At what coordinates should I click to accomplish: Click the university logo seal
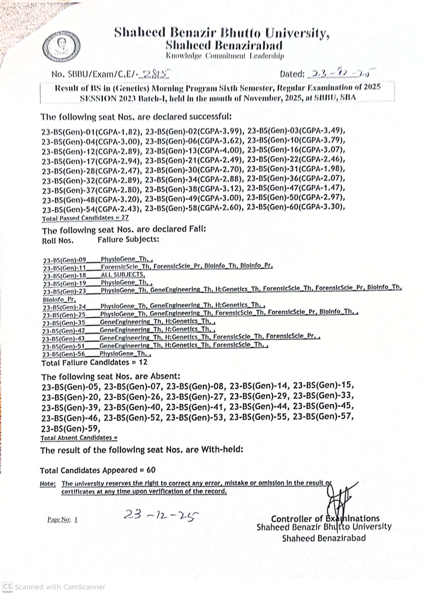pyautogui.click(x=61, y=46)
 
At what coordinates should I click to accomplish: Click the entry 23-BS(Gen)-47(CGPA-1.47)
pyautogui.click(x=296, y=188)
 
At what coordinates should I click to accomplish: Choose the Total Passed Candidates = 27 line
pyautogui.click(x=85, y=218)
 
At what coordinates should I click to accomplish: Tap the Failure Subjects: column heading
pyautogui.click(x=128, y=239)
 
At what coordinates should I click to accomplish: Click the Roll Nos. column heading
pyautogui.click(x=58, y=240)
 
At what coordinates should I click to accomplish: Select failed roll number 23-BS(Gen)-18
pyautogui.click(x=65, y=276)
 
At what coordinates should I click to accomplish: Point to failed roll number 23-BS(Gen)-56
pyautogui.click(x=64, y=354)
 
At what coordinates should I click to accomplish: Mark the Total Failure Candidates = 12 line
pyautogui.click(x=94, y=362)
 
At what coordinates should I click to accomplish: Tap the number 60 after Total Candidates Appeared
pyautogui.click(x=151, y=470)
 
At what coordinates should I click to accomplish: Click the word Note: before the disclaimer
pyautogui.click(x=48, y=484)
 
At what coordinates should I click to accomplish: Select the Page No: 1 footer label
pyautogui.click(x=62, y=519)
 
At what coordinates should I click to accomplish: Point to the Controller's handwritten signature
pyautogui.click(x=339, y=499)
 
